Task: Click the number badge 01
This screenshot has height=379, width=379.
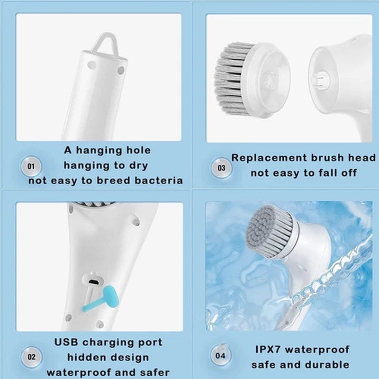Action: click(x=31, y=166)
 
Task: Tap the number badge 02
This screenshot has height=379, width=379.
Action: click(x=31, y=356)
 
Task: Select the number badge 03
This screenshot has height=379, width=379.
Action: click(x=221, y=167)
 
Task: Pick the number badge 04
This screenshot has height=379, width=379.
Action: click(x=221, y=355)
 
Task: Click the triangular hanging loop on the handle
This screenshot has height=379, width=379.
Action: click(x=103, y=43)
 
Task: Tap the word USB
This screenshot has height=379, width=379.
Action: click(x=67, y=342)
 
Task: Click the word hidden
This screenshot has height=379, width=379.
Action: click(x=86, y=357)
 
